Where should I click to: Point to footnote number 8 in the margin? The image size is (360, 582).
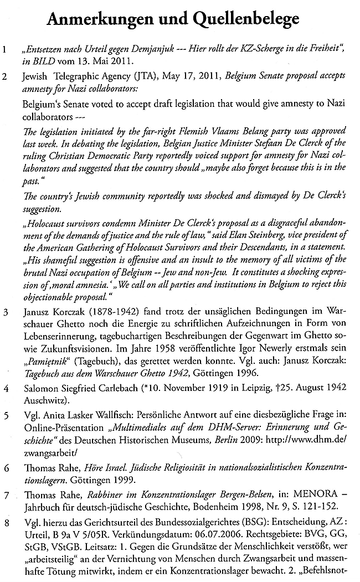[x=5, y=521]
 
